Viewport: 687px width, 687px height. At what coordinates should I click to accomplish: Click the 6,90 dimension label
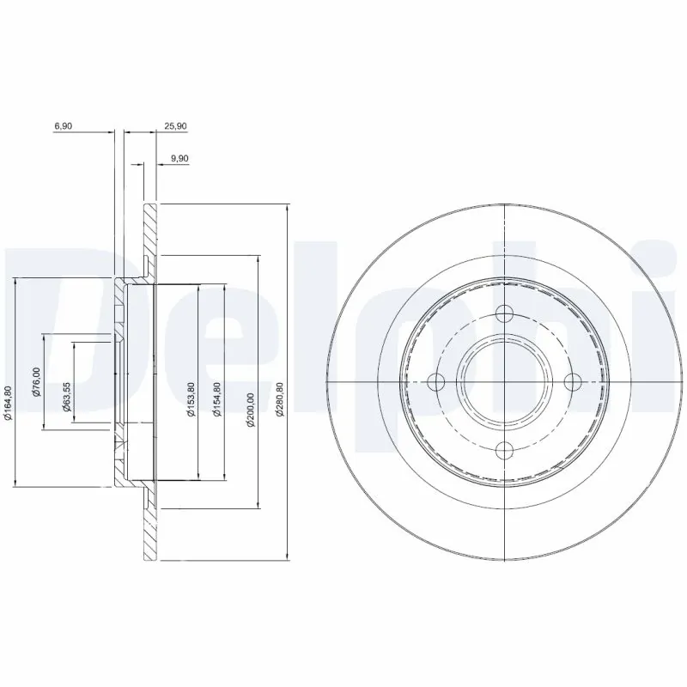pos(63,125)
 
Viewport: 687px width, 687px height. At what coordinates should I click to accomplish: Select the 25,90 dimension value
pos(175,125)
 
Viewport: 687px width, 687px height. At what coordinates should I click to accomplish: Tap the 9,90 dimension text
pos(179,158)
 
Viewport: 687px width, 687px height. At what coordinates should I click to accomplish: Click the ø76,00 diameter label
pos(36,382)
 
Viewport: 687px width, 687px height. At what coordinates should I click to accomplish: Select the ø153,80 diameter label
pos(191,400)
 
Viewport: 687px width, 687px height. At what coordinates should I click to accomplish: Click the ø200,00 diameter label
pos(251,400)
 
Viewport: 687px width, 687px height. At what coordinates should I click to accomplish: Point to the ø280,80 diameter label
pos(278,400)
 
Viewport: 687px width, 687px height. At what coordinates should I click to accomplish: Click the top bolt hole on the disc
pos(505,314)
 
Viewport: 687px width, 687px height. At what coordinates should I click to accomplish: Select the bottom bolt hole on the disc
pos(505,448)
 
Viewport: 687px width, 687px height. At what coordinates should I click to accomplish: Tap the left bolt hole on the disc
pos(438,381)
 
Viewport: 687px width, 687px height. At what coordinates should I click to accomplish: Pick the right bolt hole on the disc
pos(572,381)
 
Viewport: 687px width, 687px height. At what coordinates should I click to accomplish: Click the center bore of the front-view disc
pos(505,381)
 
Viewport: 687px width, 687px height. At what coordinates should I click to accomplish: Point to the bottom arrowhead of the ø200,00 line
pos(258,506)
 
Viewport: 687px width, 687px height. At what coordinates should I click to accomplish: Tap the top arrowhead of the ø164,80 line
pos(15,282)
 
